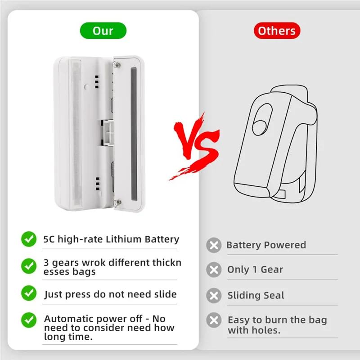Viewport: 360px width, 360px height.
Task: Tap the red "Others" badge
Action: [277, 31]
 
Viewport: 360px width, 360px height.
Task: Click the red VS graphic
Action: [194, 145]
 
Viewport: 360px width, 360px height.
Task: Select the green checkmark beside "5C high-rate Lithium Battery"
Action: [29, 239]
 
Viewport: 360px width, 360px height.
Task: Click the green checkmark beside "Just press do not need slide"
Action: [29, 294]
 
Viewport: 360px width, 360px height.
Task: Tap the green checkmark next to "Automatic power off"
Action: [29, 320]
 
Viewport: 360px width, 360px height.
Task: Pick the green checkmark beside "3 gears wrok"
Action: [29, 265]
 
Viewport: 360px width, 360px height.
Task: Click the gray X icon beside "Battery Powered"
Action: [214, 245]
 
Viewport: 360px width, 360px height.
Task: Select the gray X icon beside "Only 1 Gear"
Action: [214, 270]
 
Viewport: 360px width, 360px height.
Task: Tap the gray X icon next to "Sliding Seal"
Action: [214, 296]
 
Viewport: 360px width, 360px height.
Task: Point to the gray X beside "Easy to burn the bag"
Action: [214, 320]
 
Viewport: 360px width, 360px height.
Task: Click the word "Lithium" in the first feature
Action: [124, 239]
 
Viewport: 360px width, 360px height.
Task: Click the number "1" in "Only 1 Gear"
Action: [255, 270]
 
